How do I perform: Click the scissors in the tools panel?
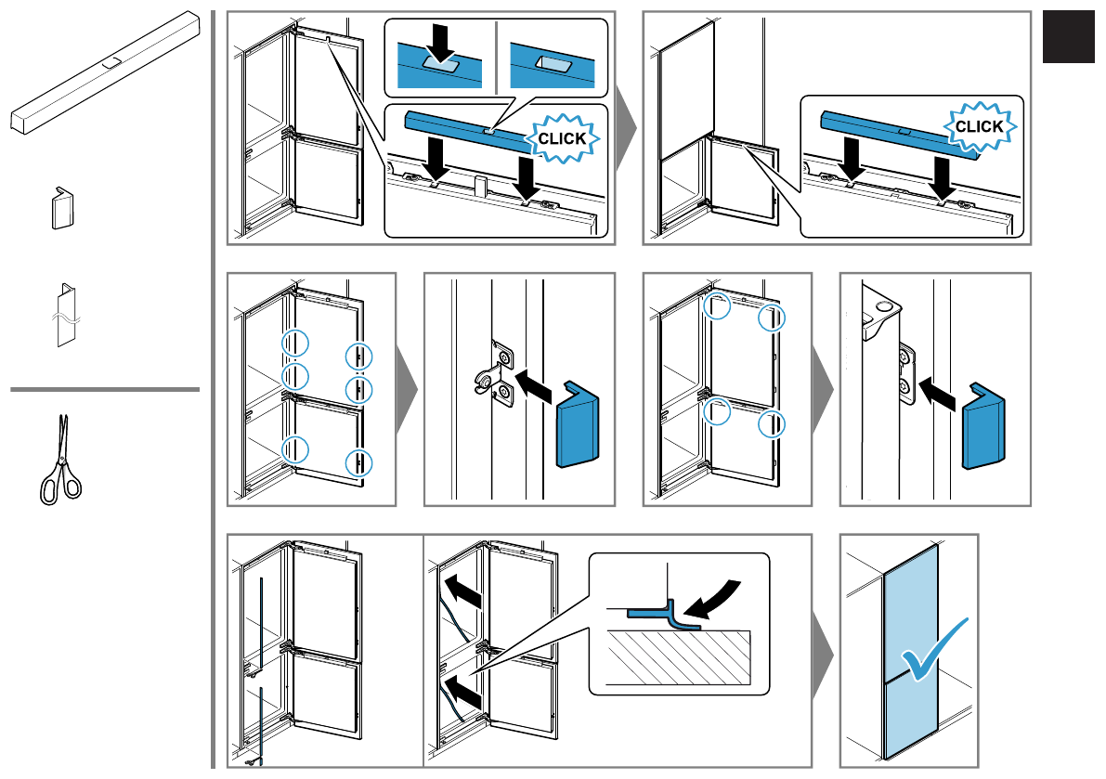point(60,461)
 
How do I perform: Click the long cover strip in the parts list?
point(104,71)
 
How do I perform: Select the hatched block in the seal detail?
point(678,657)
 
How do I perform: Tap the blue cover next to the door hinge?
point(578,422)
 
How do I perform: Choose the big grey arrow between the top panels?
point(628,128)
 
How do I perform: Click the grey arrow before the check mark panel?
point(824,650)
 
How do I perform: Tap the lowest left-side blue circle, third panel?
point(295,448)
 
